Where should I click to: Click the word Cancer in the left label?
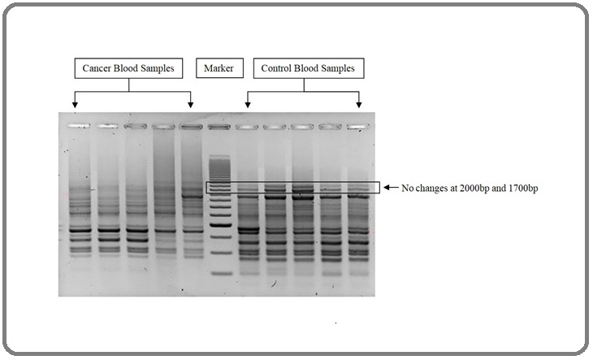97,68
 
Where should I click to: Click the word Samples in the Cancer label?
157,68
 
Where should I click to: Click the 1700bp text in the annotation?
523,188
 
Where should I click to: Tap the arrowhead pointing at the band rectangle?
387,187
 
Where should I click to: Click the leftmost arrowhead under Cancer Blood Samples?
75,105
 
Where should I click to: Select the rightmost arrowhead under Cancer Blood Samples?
191,105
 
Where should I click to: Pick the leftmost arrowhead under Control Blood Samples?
247,105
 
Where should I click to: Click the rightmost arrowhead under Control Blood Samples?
358,105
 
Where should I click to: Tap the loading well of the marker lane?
219,127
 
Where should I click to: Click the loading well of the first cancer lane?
79,126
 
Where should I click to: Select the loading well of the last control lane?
358,127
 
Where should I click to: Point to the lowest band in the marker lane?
222,273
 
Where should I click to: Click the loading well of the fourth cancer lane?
164,127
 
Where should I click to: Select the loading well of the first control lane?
247,127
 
